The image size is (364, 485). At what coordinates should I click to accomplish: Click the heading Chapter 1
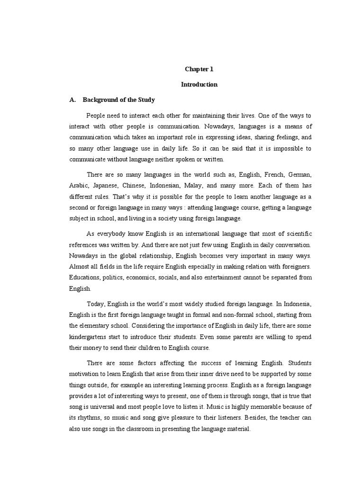point(199,69)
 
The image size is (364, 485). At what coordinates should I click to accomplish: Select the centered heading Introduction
point(199,85)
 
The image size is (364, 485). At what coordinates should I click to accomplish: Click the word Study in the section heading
point(146,100)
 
